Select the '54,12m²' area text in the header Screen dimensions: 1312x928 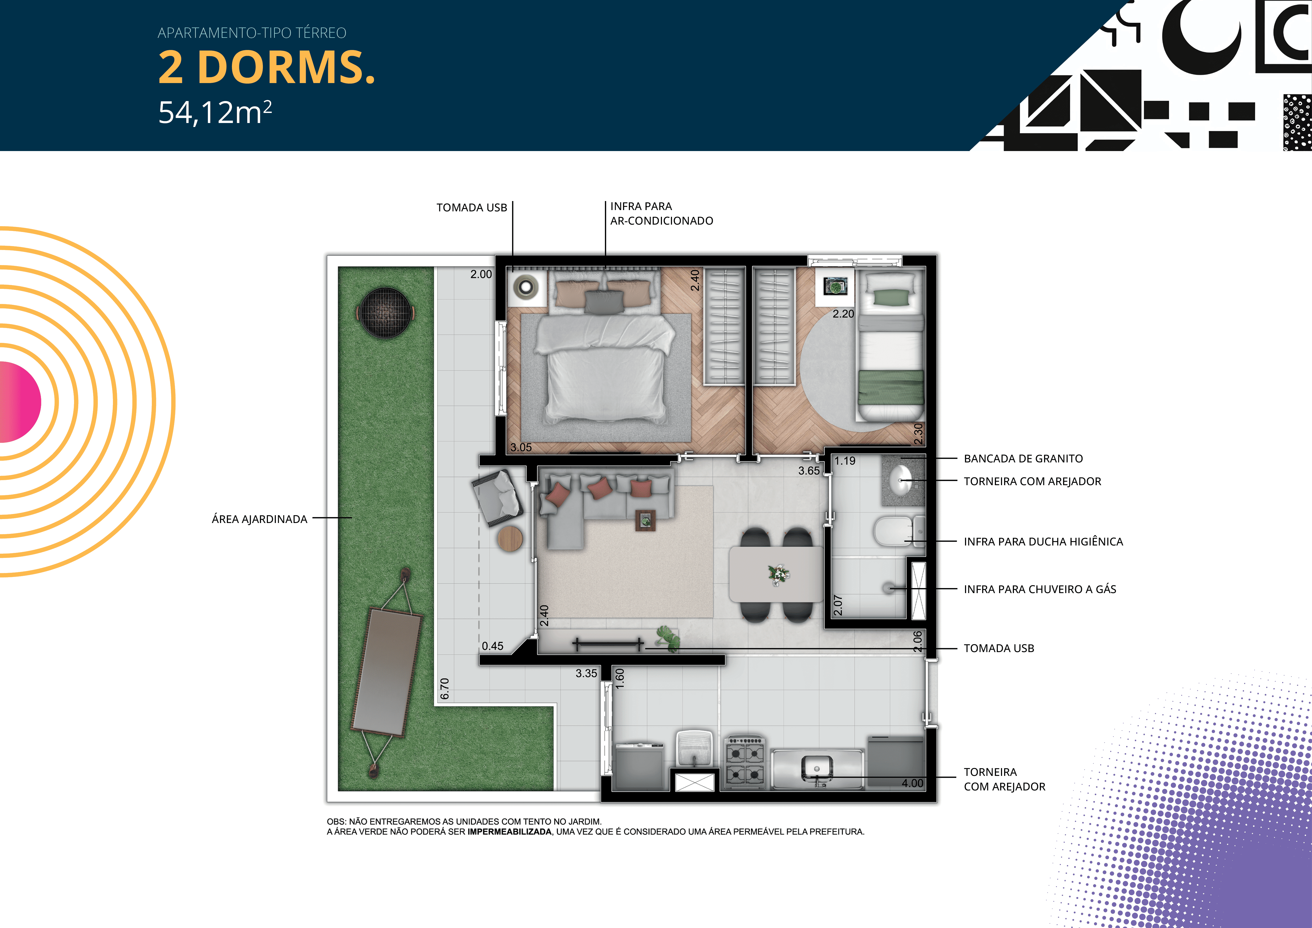[215, 112]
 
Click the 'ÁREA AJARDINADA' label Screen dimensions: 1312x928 [259, 519]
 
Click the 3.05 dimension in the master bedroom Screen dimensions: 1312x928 [520, 447]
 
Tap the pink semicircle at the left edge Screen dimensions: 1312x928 [20, 402]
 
